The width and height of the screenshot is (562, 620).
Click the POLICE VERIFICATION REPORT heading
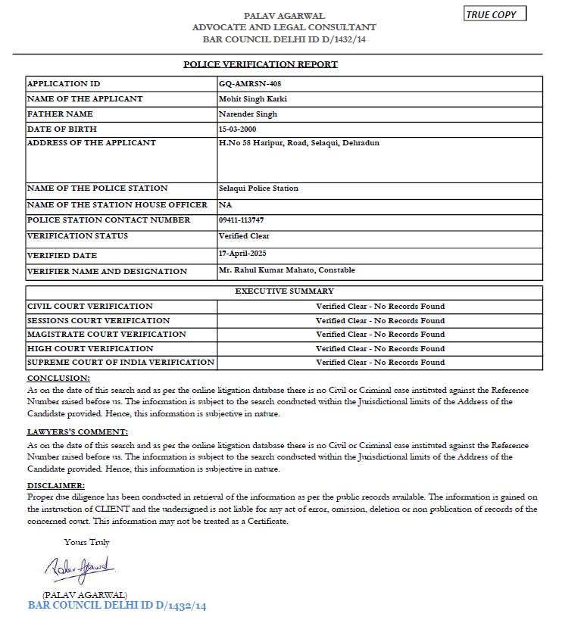pos(261,64)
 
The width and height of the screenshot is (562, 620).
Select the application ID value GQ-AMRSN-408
pos(249,84)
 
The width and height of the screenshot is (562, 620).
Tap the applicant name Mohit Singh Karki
pos(252,99)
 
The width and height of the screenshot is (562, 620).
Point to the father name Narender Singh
pos(248,114)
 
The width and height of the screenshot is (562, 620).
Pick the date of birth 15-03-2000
pos(239,129)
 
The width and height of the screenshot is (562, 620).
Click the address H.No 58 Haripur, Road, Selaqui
pos(298,143)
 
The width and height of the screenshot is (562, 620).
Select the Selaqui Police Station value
pos(258,188)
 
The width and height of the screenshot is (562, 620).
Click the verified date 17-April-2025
pos(242,253)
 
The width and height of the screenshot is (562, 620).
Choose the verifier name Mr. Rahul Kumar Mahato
pos(286,270)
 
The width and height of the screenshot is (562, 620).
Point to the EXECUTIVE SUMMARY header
pos(284,291)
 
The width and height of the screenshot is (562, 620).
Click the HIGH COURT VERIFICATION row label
pos(90,349)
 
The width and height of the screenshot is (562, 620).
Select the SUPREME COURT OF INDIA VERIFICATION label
pos(120,363)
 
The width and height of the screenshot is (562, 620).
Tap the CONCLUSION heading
pos(58,378)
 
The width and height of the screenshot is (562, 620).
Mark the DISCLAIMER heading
pos(56,485)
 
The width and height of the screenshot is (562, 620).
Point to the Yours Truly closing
pos(87,542)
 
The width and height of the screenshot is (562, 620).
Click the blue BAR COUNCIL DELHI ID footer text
pos(117,606)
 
